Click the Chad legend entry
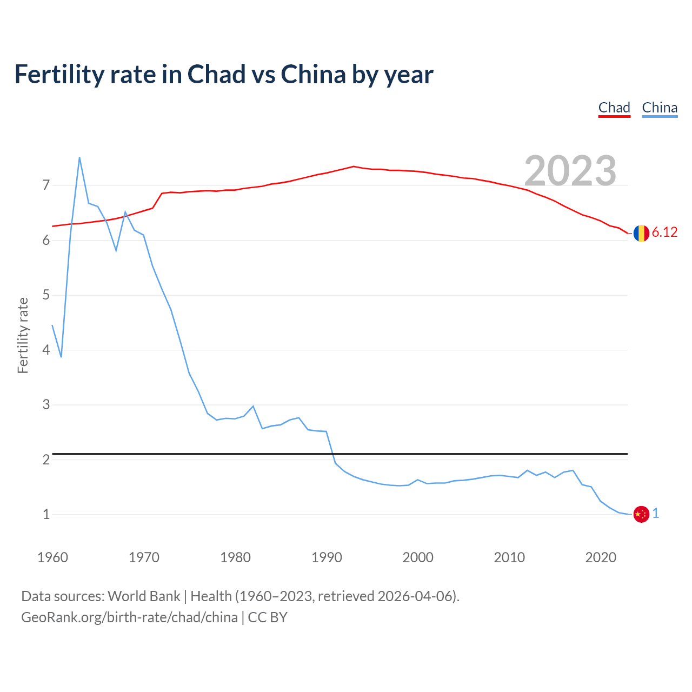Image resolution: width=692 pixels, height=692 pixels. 614,108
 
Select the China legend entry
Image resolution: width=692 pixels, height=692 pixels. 660,108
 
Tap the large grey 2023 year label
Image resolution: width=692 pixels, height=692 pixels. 570,171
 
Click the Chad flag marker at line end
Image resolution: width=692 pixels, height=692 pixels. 641,233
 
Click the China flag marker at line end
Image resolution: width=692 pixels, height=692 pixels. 641,514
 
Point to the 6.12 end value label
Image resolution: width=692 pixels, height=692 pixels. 664,232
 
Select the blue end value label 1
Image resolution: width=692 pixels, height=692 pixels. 656,514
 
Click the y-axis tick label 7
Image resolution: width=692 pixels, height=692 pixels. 46,185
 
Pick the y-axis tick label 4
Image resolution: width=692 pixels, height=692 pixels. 46,350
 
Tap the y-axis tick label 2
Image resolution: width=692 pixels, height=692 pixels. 46,460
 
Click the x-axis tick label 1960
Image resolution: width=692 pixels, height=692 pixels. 52,557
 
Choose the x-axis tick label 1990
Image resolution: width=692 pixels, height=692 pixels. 327,557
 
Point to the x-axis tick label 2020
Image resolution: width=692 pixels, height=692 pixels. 601,557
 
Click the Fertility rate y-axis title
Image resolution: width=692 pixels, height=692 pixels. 23,335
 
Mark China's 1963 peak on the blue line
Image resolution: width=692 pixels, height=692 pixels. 79,158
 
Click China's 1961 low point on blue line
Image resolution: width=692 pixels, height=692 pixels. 61,357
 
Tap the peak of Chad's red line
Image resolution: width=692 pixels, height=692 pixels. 354,167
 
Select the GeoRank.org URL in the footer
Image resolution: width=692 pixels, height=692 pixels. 129,617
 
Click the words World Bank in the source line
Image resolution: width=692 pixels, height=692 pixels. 144,596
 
